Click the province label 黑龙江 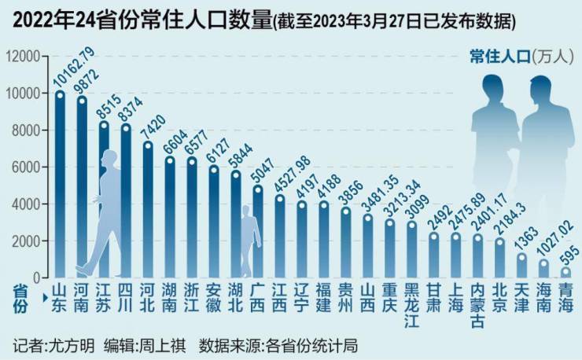click(x=411, y=299)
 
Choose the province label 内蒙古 click(x=477, y=299)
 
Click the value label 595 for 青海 click(x=571, y=255)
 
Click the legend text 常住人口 click(x=499, y=57)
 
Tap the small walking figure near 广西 click(x=249, y=240)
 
